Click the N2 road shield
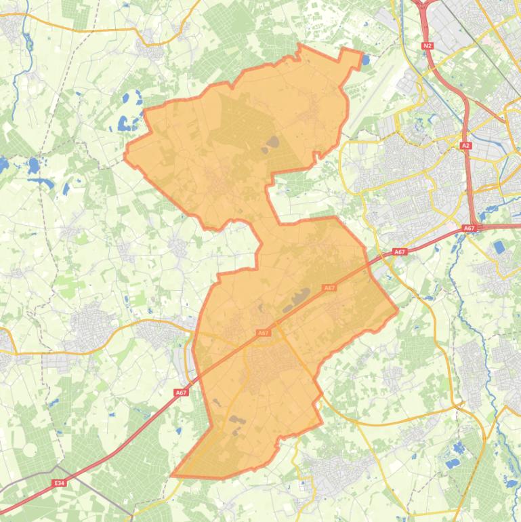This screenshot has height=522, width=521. [427, 46]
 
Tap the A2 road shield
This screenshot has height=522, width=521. [465, 146]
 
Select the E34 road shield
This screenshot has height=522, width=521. [59, 483]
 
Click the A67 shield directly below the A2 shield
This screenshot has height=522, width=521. [469, 228]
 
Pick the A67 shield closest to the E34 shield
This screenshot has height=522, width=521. [180, 393]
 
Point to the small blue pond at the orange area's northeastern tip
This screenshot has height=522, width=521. [366, 60]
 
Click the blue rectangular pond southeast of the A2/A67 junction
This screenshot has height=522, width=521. [500, 247]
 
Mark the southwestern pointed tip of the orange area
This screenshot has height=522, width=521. [173, 475]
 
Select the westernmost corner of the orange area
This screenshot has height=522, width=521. [125, 157]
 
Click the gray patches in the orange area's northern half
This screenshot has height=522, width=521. [272, 142]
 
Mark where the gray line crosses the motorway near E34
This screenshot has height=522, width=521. [59, 468]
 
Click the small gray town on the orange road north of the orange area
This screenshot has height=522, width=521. [148, 45]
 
